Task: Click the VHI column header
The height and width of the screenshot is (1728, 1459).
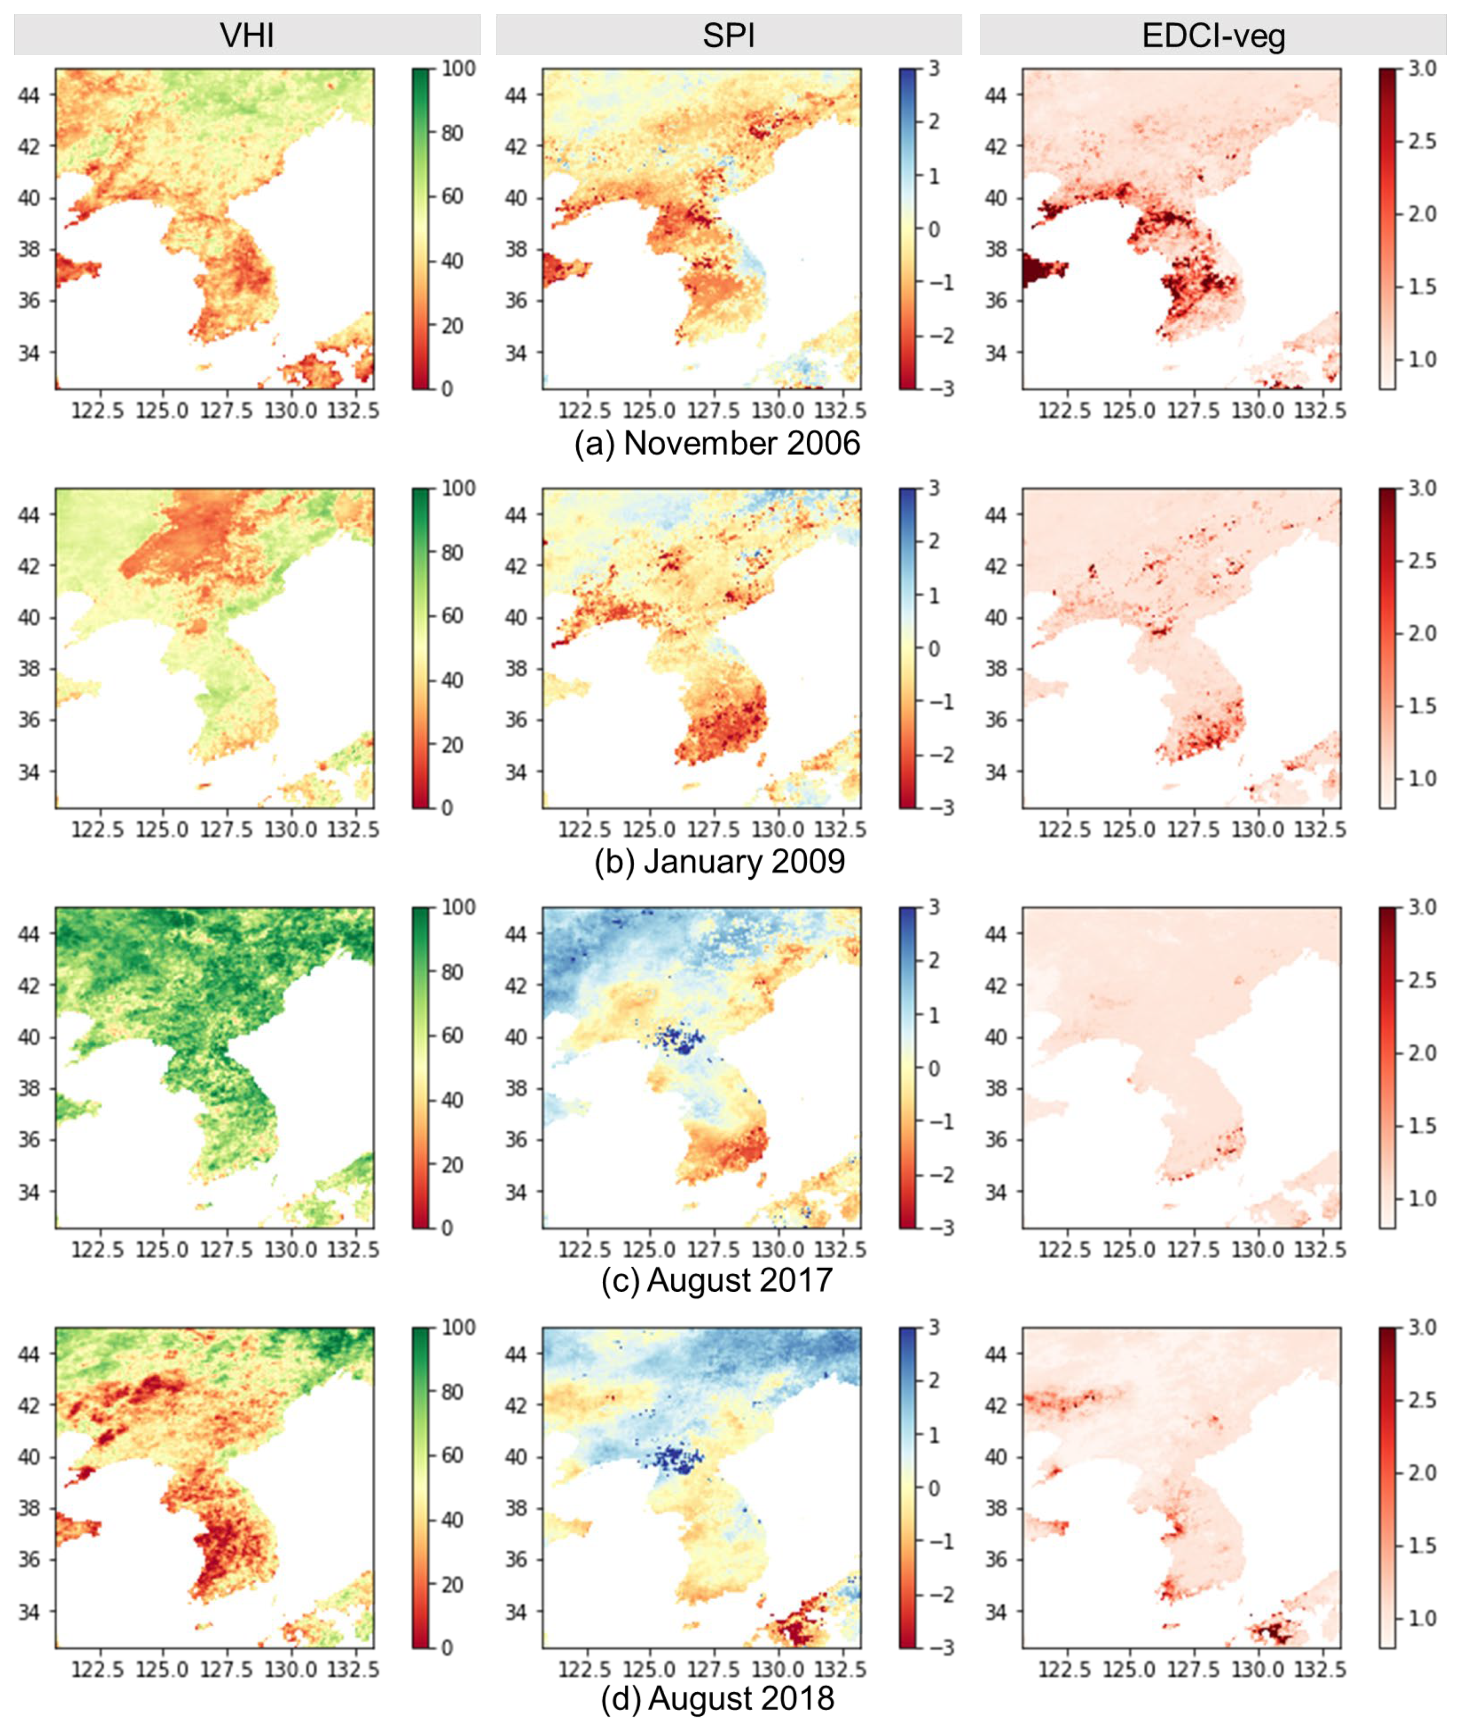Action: point(246,36)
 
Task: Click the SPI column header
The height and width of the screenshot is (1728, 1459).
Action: point(728,36)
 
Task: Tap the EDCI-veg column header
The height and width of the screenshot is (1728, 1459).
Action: point(1213,36)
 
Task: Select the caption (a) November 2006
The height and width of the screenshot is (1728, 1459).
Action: point(717,443)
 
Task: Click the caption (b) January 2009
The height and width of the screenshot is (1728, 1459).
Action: point(720,862)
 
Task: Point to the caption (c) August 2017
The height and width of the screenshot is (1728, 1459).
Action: point(717,1281)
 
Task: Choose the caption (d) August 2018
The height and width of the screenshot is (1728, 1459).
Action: point(717,1698)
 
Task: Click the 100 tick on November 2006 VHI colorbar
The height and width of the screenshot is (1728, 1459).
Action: point(458,69)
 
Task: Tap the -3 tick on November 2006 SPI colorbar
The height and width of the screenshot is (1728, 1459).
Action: point(940,389)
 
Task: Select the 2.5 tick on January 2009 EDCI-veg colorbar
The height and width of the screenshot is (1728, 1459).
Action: point(1421,561)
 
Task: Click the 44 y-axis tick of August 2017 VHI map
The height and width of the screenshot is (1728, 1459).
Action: point(29,934)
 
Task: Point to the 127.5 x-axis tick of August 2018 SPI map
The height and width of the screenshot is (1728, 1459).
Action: point(713,1669)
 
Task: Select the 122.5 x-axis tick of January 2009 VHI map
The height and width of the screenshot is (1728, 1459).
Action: point(98,829)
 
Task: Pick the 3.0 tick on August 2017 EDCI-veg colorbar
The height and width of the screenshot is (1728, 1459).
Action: point(1421,907)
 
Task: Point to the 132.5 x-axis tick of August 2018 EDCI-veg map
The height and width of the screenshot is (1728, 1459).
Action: point(1320,1669)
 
